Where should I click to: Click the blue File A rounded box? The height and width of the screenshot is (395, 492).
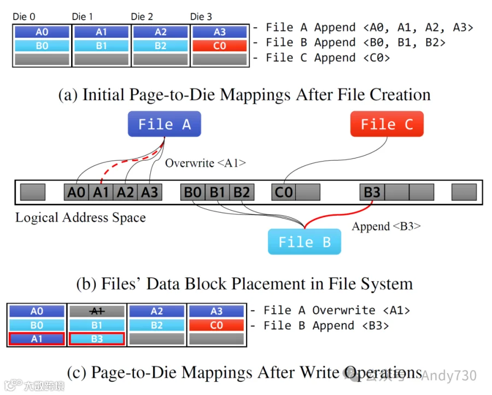pos(165,124)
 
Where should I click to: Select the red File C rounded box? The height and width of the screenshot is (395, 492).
pos(386,124)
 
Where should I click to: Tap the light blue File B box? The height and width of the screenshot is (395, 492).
pos(304,242)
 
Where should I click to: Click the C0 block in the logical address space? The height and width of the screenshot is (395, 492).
pos(284,192)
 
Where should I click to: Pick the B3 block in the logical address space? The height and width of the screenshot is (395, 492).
pos(372,192)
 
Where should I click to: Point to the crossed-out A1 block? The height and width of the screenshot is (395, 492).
pos(97,311)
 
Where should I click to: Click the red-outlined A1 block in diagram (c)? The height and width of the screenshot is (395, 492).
pos(37,339)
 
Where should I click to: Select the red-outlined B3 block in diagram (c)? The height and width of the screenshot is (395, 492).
pos(97,339)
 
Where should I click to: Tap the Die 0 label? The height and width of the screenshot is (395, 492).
pos(24,17)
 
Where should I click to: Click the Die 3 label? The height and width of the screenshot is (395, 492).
pos(201,17)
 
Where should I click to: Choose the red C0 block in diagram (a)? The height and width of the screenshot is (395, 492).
pos(219,46)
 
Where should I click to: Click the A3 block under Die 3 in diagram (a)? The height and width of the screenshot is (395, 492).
pos(219,32)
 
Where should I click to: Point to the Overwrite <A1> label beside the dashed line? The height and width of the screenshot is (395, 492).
pos(205,163)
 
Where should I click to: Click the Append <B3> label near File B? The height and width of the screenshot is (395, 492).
pos(386,226)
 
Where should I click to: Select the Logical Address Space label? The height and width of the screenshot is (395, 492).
pos(80,217)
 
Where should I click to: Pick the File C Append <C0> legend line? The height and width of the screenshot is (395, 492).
pos(328,57)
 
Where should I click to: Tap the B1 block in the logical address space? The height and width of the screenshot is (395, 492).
pos(218,192)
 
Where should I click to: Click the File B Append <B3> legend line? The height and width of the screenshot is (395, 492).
pos(326,326)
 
